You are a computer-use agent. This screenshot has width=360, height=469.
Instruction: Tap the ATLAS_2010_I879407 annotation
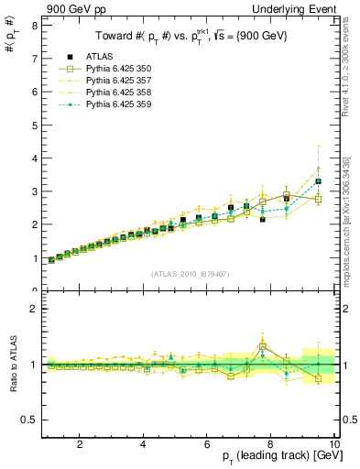[190, 274]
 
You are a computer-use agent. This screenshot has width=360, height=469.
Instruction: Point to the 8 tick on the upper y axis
[33, 26]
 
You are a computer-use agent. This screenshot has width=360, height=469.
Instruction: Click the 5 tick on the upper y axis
[33, 125]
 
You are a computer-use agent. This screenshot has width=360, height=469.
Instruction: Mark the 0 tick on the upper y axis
[33, 290]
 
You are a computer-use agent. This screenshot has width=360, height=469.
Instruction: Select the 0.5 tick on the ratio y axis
[28, 420]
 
